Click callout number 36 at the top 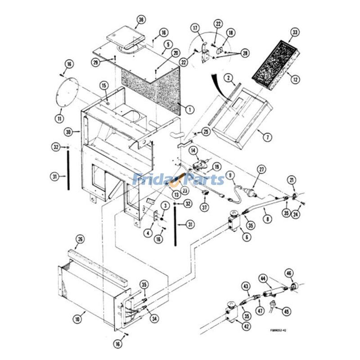point(141,20)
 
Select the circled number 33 point(295,32)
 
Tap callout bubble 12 point(295,80)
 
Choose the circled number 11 point(59,118)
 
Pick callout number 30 point(68,132)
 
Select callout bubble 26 point(80,238)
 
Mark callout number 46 point(289,273)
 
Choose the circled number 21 point(292,181)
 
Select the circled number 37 point(206,207)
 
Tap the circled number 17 point(195,28)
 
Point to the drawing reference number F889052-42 point(278,330)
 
